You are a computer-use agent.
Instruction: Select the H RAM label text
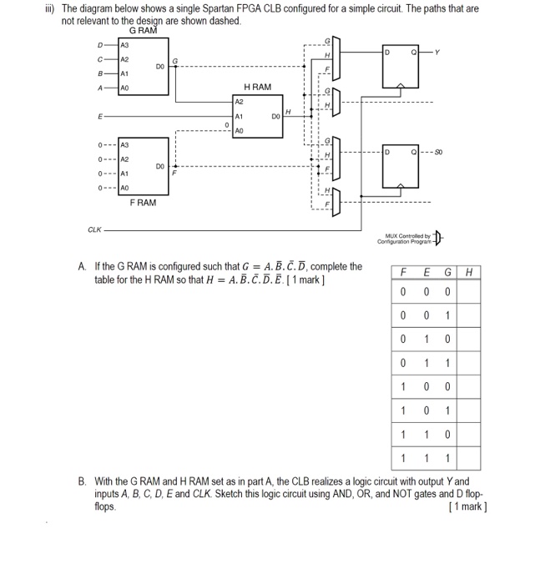pyautogui.click(x=257, y=87)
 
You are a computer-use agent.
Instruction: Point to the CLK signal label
pyautogui.click(x=95, y=229)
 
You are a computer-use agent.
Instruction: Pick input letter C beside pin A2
pyautogui.click(x=102, y=58)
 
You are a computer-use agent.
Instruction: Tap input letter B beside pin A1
pyautogui.click(x=102, y=73)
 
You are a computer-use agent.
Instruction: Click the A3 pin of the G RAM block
pyautogui.click(x=126, y=45)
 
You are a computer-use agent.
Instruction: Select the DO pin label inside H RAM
pyautogui.click(x=275, y=118)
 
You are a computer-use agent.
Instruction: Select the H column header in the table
pyautogui.click(x=468, y=271)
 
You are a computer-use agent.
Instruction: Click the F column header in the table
pyautogui.click(x=403, y=271)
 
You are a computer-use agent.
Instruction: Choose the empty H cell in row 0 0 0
pyautogui.click(x=468, y=292)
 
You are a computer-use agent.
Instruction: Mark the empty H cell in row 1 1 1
pyautogui.click(x=468, y=458)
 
